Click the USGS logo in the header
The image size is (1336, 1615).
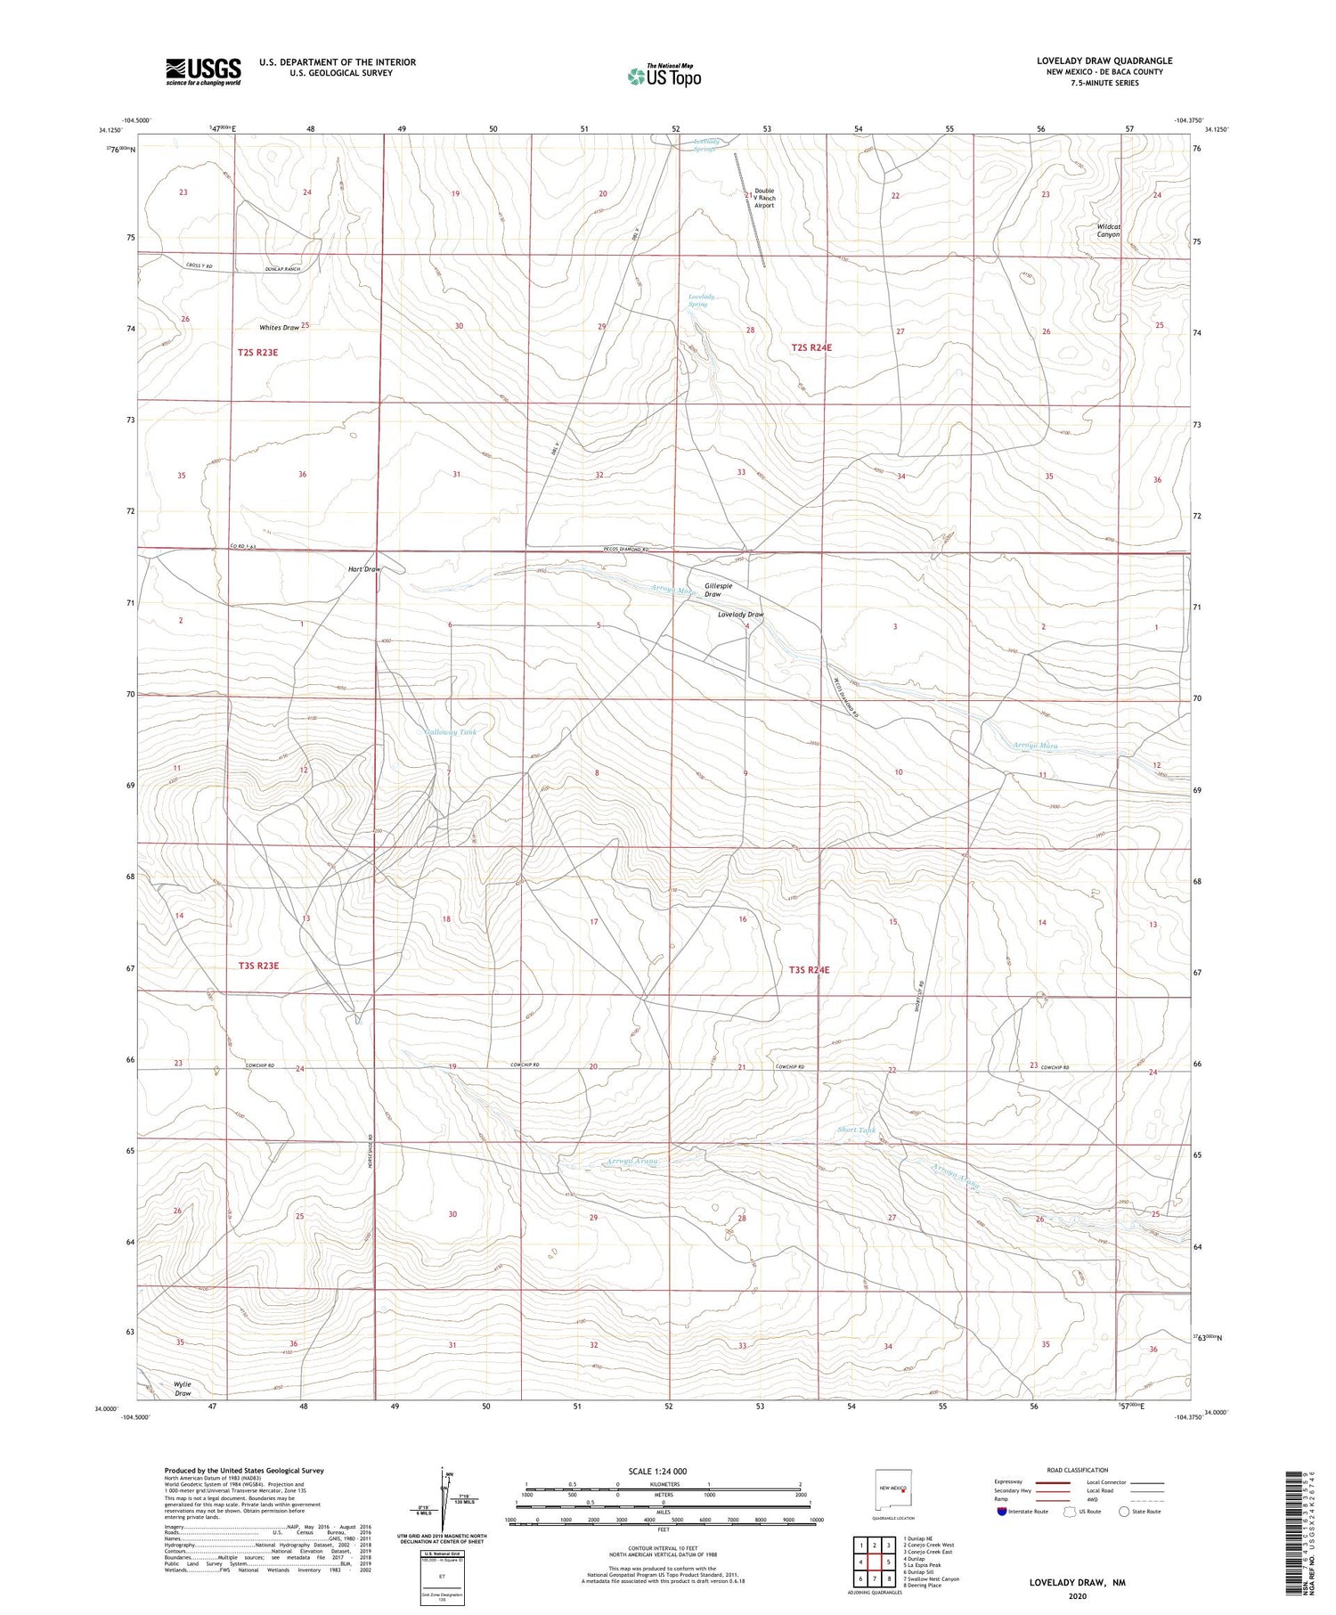point(203,71)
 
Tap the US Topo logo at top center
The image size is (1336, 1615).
point(664,76)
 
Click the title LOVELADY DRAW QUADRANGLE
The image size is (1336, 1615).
point(1104,61)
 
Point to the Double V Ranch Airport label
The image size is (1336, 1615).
point(764,198)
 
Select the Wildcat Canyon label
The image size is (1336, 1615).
point(1108,231)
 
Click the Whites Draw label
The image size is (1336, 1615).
point(279,328)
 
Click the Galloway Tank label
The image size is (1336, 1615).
point(450,732)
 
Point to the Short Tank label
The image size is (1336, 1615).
point(856,1130)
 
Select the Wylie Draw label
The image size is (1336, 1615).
point(182,1389)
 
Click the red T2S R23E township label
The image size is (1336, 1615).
point(257,353)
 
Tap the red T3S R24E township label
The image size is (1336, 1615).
point(809,969)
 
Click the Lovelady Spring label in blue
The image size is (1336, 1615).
point(697,300)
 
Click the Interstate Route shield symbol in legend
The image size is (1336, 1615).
point(1002,1512)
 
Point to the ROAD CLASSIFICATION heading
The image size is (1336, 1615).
point(1078,1470)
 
